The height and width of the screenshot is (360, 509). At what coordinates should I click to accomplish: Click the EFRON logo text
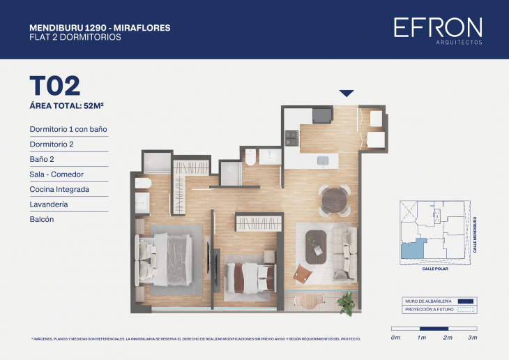[x=437, y=27]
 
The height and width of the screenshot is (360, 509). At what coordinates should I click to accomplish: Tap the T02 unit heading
[x=54, y=85]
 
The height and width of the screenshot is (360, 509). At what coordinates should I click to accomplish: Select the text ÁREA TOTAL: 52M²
[x=71, y=106]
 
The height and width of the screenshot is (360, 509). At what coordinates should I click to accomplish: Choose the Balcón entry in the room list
[x=42, y=219]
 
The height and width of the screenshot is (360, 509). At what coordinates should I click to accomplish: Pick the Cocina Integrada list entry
[x=59, y=189]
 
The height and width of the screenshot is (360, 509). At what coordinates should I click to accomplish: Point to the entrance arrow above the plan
[x=346, y=93]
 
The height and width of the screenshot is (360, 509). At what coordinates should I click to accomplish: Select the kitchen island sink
[x=324, y=160]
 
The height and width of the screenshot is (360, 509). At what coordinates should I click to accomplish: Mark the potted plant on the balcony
[x=345, y=301]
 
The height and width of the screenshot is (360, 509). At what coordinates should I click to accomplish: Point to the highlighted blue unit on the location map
[x=411, y=249]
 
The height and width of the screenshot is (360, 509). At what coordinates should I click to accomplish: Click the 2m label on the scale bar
[x=448, y=338]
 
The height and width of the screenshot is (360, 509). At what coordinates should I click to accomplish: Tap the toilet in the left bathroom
[x=142, y=183]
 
